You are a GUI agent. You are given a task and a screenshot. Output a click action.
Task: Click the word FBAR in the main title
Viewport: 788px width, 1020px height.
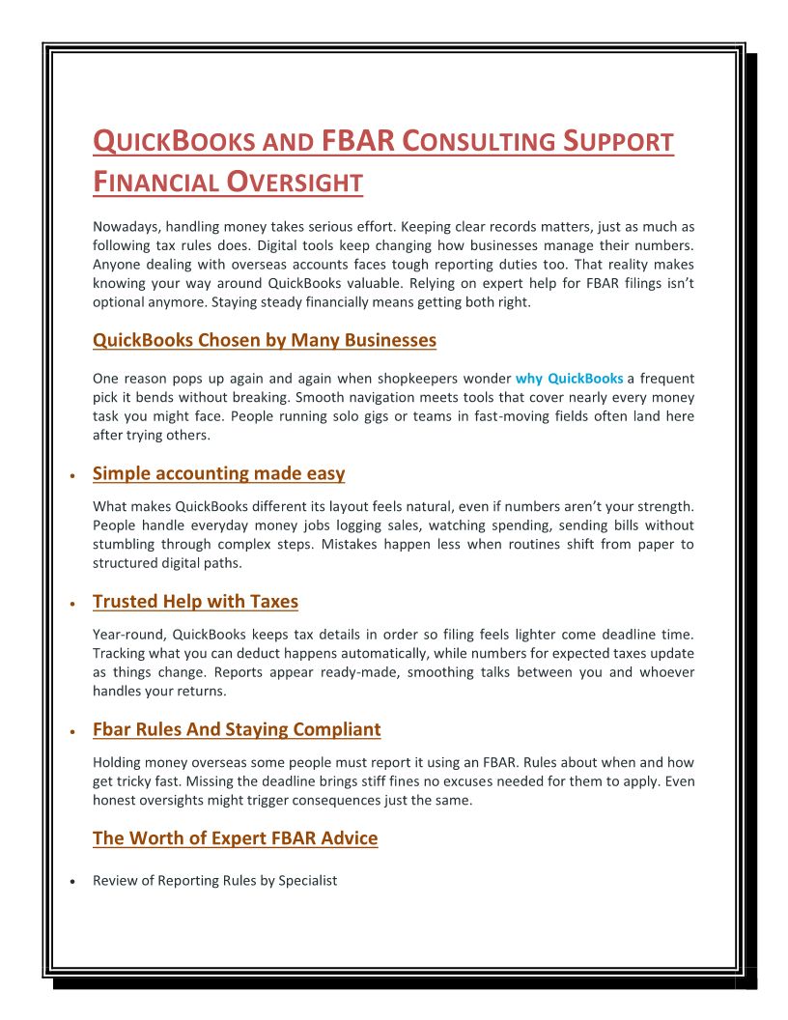pyautogui.click(x=357, y=141)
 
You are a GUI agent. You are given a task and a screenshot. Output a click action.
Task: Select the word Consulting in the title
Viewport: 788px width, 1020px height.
pyautogui.click(x=479, y=141)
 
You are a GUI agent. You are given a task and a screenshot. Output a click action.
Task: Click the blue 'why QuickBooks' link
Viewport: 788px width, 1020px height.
pyautogui.click(x=569, y=379)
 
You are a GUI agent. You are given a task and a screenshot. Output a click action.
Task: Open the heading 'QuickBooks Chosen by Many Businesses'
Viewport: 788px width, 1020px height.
pyautogui.click(x=265, y=340)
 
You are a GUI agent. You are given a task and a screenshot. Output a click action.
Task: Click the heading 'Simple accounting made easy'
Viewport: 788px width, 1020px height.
pyautogui.click(x=218, y=473)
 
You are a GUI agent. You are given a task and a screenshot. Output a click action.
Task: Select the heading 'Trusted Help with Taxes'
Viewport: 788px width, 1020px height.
pyautogui.click(x=195, y=602)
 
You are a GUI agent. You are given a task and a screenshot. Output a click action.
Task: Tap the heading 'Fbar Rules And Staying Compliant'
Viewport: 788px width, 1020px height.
pyautogui.click(x=237, y=729)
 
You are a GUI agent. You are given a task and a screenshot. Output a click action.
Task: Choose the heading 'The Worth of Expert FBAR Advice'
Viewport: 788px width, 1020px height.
pyautogui.click(x=235, y=838)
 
